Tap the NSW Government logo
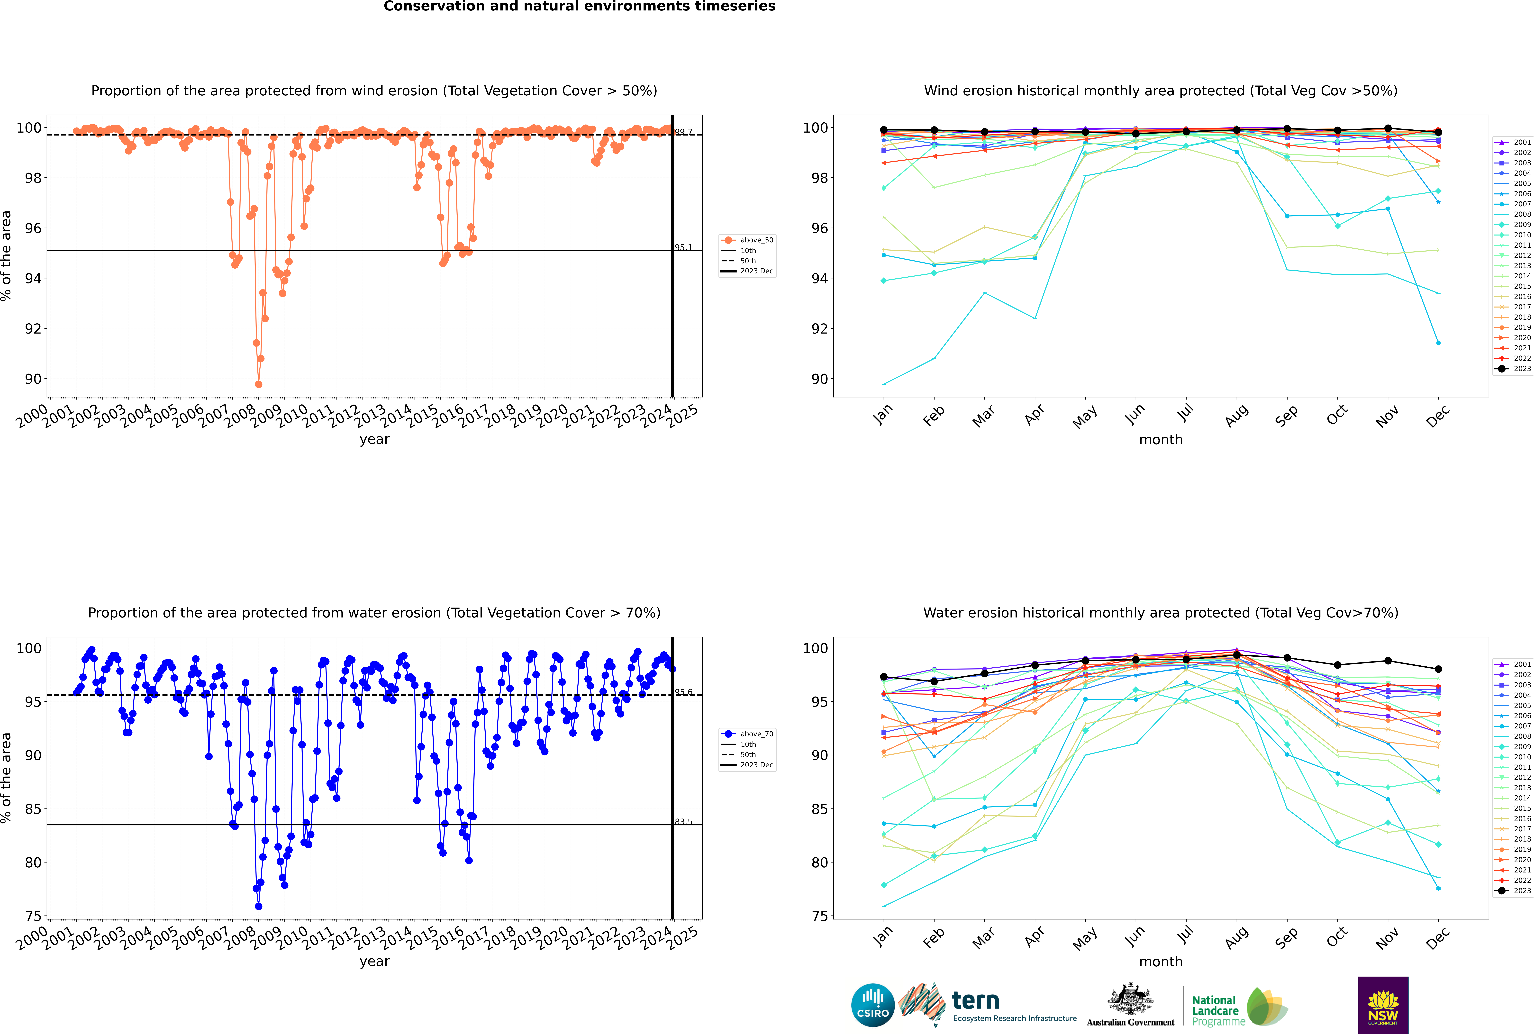[1383, 1004]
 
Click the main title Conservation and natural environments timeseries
[579, 7]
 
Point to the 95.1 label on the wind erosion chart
[683, 247]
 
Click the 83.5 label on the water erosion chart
[683, 822]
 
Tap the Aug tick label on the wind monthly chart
[1237, 415]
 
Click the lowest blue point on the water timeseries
[259, 906]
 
